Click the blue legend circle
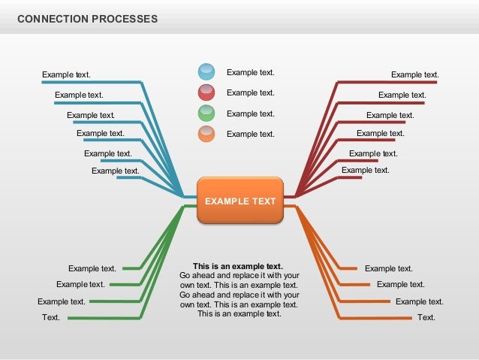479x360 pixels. pyautogui.click(x=206, y=72)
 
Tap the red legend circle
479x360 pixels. pyautogui.click(x=206, y=93)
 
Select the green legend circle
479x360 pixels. pyautogui.click(x=206, y=113)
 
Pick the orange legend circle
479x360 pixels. pyautogui.click(x=206, y=134)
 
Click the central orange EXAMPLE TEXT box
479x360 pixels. pyautogui.click(x=240, y=201)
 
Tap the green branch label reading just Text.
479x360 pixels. pyautogui.click(x=51, y=317)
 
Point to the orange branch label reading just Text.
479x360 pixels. pyautogui.click(x=426, y=317)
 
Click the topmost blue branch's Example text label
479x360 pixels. pyautogui.click(x=66, y=74)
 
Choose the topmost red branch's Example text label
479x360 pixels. pyautogui.click(x=414, y=74)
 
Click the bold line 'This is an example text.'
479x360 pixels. pyautogui.click(x=238, y=266)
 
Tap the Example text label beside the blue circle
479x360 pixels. pyautogui.click(x=251, y=73)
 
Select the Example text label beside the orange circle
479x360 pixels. pyautogui.click(x=251, y=134)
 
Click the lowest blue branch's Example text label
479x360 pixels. pyautogui.click(x=116, y=171)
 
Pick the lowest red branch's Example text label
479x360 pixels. pyautogui.click(x=365, y=170)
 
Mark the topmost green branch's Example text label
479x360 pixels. pyautogui.click(x=92, y=268)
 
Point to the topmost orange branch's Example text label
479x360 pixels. pyautogui.click(x=388, y=268)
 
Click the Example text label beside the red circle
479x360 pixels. pyautogui.click(x=251, y=93)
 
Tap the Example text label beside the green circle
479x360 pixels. pyautogui.click(x=251, y=113)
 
